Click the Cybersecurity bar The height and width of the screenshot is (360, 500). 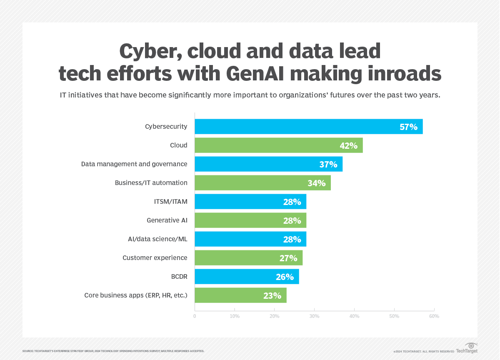(x=308, y=127)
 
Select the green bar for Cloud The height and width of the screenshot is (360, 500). (x=278, y=145)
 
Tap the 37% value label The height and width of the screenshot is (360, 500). (x=328, y=164)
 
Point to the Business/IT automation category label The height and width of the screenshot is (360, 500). (x=151, y=183)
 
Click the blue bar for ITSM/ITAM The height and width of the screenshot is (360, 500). (x=250, y=202)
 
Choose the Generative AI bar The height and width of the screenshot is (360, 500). (x=250, y=220)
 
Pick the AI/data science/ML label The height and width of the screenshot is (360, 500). (x=157, y=239)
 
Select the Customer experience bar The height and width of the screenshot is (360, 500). (x=248, y=258)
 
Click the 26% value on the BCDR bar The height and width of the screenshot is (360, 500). (x=285, y=277)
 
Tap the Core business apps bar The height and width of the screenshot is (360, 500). (x=240, y=295)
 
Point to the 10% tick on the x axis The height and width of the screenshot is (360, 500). (x=235, y=316)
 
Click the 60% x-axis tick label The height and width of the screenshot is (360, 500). (x=434, y=316)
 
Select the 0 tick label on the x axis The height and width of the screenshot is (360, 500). (x=195, y=316)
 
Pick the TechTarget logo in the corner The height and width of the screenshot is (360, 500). (x=467, y=348)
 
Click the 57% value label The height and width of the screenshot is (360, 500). (x=408, y=127)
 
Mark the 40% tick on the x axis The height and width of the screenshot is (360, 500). (x=354, y=316)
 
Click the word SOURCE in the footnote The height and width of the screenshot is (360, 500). (x=27, y=351)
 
